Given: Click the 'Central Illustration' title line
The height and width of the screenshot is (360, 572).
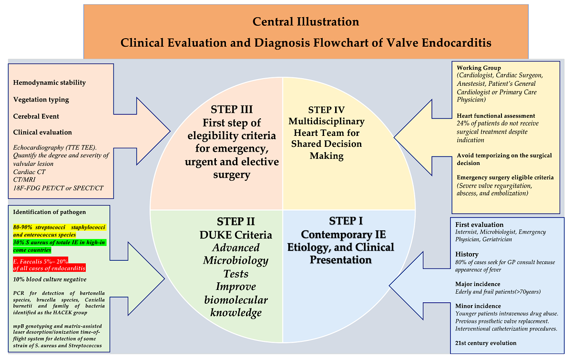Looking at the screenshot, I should (306, 21).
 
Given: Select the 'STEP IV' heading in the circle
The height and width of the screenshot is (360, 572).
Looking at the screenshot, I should (327, 110).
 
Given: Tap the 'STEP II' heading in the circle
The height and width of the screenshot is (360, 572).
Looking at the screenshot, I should (235, 222).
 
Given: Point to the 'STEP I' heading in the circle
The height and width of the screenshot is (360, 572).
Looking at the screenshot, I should (346, 221).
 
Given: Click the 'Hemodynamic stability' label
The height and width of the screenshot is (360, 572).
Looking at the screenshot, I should (50, 82).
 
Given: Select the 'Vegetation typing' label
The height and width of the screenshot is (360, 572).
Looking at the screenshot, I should (41, 100).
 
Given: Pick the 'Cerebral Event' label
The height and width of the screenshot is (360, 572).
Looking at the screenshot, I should (36, 116).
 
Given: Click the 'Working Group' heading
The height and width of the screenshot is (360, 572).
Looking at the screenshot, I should (479, 68).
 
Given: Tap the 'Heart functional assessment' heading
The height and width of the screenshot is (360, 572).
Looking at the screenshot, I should (496, 116).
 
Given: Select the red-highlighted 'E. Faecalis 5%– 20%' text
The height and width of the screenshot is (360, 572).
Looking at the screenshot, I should (41, 260).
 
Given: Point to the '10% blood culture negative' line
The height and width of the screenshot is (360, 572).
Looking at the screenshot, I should (50, 279).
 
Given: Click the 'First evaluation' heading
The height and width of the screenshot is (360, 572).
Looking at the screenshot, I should (479, 225).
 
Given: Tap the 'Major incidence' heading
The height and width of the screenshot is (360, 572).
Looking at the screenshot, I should (478, 284).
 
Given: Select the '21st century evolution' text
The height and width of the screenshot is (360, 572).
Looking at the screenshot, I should (486, 343).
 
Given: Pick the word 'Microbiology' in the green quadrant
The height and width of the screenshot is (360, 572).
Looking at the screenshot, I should (235, 260).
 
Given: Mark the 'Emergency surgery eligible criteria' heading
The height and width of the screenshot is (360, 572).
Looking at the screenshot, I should (505, 177).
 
